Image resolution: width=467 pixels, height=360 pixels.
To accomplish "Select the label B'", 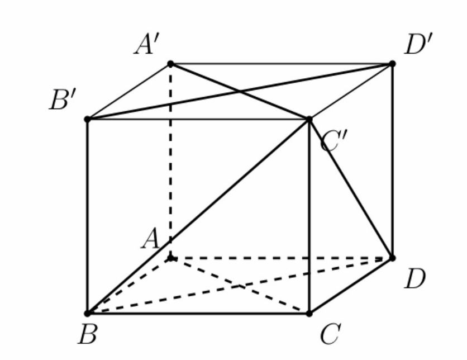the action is pyautogui.click(x=63, y=99).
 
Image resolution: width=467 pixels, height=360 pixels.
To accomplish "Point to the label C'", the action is pyautogui.click(x=334, y=141).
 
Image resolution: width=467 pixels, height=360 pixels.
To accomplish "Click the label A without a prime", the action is pyautogui.click(x=150, y=238).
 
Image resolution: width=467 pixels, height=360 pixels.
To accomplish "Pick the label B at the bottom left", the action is pyautogui.click(x=87, y=334).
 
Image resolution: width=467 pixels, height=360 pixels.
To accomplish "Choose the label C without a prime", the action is pyautogui.click(x=330, y=334).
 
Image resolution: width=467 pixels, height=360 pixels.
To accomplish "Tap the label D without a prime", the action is pyautogui.click(x=414, y=278).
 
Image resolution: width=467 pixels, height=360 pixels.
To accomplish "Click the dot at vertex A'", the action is pyautogui.click(x=170, y=64).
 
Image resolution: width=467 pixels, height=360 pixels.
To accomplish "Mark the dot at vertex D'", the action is pyautogui.click(x=392, y=64).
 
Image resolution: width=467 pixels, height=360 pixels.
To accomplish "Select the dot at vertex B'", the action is pyautogui.click(x=87, y=120).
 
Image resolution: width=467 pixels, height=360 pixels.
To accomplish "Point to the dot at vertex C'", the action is pyautogui.click(x=309, y=120).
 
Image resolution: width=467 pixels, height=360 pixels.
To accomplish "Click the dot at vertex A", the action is pyautogui.click(x=170, y=258).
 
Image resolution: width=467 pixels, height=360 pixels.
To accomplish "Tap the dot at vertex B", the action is pyautogui.click(x=87, y=314).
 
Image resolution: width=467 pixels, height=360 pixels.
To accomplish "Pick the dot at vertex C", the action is pyautogui.click(x=309, y=314).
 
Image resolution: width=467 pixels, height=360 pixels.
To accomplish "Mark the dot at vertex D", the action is pyautogui.click(x=392, y=258).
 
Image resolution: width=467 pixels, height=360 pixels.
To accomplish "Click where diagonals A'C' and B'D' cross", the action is pyautogui.click(x=240, y=92).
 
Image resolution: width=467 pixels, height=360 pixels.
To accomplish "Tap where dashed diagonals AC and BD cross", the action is pyautogui.click(x=240, y=286).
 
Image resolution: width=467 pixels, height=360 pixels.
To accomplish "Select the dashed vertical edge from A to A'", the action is pyautogui.click(x=170, y=161).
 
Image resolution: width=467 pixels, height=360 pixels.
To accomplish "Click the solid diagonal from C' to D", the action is pyautogui.click(x=351, y=189).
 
